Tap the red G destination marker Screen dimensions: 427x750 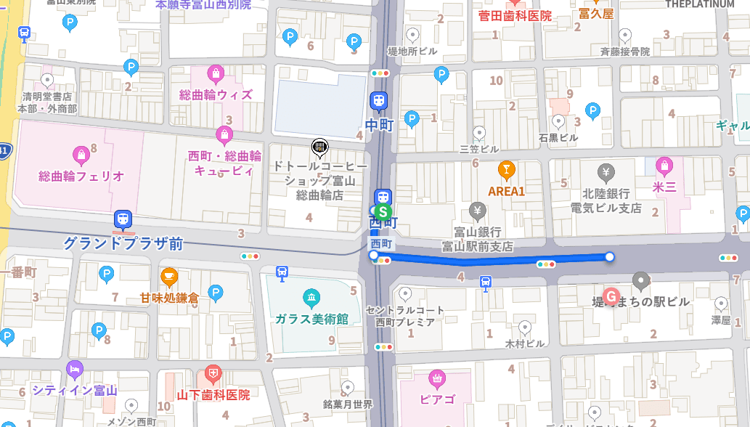[x=611, y=296]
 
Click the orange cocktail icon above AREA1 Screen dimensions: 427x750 [x=506, y=170]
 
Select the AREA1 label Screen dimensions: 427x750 [x=506, y=191]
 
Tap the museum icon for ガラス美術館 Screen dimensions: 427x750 [x=311, y=298]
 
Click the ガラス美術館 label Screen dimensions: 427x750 [x=311, y=319]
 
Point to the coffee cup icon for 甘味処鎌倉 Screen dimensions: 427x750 [x=169, y=276]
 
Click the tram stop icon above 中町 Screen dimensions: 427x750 [x=378, y=101]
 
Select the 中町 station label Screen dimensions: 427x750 [x=379, y=125]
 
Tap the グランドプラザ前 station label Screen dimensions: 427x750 [x=123, y=243]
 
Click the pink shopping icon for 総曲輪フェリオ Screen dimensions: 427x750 [x=81, y=154]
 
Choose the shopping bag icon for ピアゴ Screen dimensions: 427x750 [x=437, y=378]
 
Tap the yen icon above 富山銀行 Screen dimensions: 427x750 [x=478, y=211]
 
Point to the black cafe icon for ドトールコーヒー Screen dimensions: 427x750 [x=319, y=147]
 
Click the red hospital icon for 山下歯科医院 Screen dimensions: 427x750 [x=213, y=375]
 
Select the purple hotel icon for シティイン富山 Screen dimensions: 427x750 [x=75, y=370]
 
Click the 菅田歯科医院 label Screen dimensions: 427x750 [x=515, y=15]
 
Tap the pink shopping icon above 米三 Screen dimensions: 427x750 [x=664, y=166]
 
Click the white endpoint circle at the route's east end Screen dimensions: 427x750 [x=610, y=256]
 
